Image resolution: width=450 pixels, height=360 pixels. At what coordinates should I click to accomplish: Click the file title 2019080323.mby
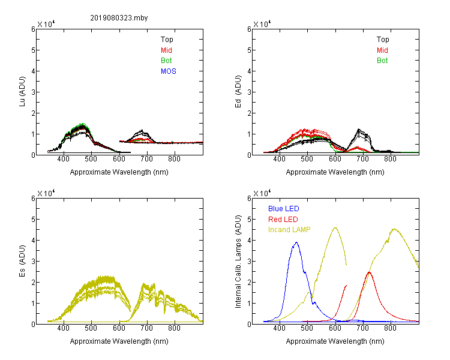(119, 18)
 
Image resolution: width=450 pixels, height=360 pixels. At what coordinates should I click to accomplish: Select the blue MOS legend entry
(169, 71)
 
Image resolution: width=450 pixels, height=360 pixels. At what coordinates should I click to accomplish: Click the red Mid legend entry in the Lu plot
(166, 50)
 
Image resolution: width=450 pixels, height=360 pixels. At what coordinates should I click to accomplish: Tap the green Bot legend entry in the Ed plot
(382, 61)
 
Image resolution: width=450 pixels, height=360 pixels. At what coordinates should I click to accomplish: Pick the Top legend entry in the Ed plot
(383, 40)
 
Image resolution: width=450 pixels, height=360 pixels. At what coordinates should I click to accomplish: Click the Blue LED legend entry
(284, 209)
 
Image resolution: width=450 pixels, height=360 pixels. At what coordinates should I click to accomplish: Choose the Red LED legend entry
(283, 220)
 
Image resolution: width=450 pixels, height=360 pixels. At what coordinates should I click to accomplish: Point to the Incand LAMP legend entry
(289, 230)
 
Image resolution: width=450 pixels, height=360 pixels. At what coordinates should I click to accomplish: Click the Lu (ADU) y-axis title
(22, 92)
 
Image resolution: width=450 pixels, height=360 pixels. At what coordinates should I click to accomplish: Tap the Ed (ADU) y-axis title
(238, 92)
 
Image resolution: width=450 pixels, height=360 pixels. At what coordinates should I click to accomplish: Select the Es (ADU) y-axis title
(22, 261)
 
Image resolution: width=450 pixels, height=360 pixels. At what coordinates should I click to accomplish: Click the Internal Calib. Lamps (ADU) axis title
(238, 261)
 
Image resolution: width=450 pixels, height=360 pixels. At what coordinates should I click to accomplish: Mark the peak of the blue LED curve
(296, 242)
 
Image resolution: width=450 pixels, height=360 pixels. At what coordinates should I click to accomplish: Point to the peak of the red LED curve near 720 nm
(369, 272)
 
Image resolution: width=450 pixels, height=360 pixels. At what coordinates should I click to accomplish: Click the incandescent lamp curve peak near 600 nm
(335, 227)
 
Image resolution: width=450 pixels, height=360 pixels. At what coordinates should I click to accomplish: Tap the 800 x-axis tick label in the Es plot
(174, 328)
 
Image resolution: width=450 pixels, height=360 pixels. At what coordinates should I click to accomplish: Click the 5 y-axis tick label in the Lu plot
(33, 50)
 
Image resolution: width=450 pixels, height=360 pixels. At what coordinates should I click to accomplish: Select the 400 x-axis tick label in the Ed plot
(279, 159)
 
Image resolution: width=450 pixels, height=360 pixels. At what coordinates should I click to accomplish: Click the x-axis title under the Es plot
(119, 341)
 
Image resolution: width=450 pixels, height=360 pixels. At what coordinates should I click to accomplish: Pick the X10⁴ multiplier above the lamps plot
(262, 193)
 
